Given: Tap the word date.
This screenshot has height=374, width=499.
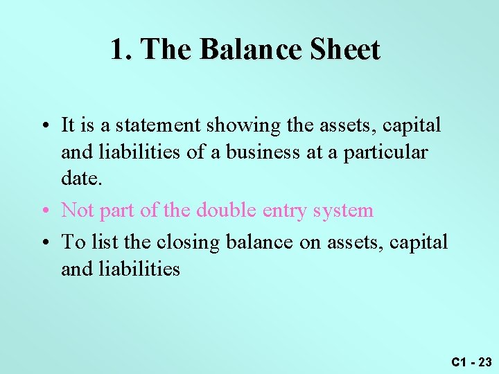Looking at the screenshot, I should coord(81,178).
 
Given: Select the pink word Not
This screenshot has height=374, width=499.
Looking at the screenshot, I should coord(77,210).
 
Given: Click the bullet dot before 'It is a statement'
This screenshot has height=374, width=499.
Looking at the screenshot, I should coord(44,126).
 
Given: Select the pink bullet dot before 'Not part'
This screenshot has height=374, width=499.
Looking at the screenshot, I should coord(44,211).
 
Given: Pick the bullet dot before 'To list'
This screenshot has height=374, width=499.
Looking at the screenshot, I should coord(44,242).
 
